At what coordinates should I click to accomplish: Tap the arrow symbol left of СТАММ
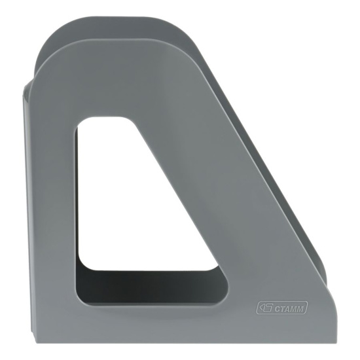coord(265,308)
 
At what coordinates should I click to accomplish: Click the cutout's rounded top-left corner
coord(82,123)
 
